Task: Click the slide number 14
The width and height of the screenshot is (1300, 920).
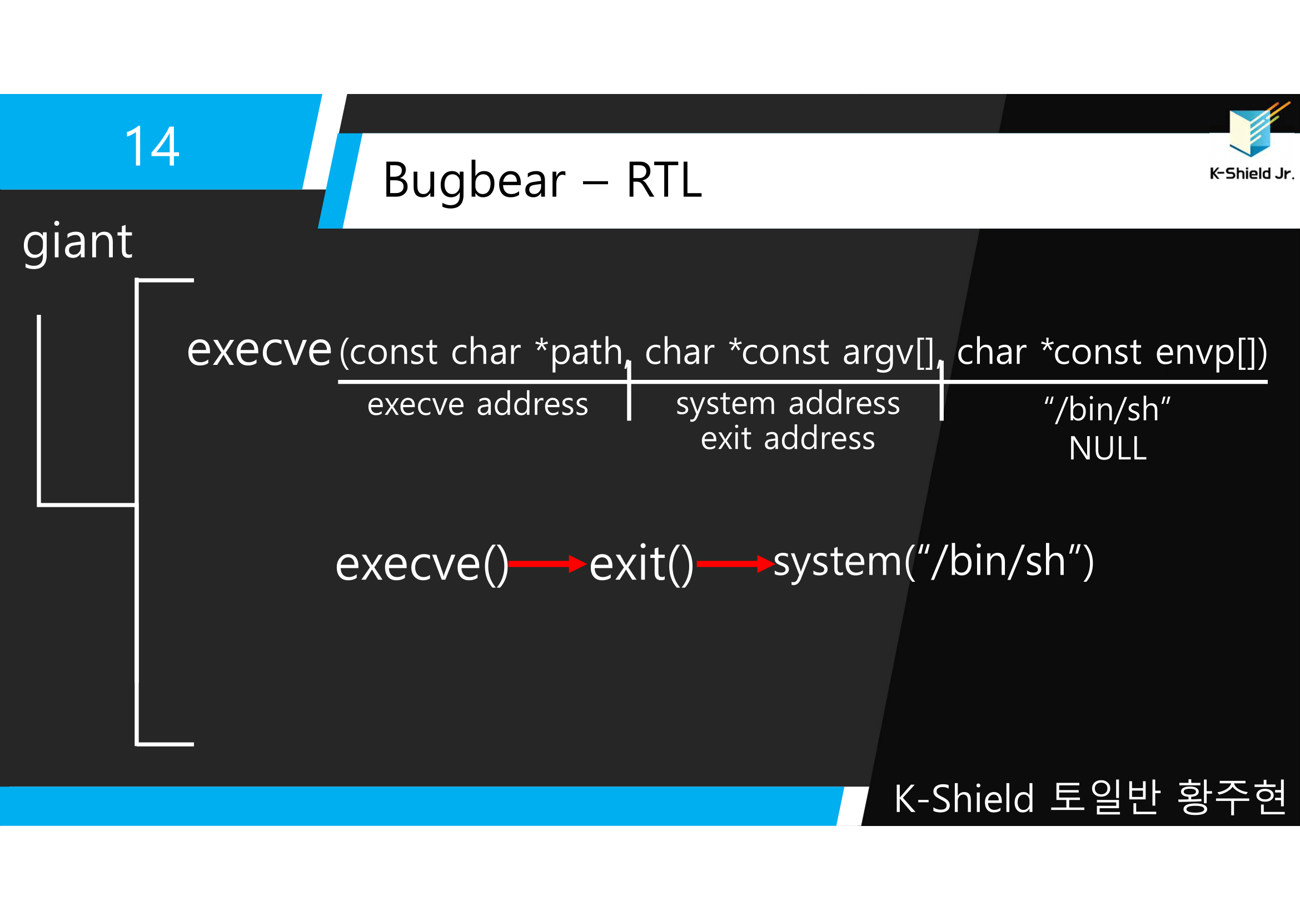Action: (x=152, y=147)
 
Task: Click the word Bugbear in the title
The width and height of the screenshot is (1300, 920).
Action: (x=474, y=181)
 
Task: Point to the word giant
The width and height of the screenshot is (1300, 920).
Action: (x=78, y=242)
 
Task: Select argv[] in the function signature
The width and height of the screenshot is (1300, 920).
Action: (x=887, y=352)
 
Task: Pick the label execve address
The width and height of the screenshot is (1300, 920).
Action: (x=478, y=405)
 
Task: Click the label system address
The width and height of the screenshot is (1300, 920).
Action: (x=788, y=404)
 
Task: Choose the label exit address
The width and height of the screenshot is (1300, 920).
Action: (x=788, y=439)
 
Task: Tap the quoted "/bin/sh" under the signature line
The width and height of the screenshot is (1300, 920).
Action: (x=1107, y=409)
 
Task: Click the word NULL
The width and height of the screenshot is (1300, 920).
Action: (x=1108, y=449)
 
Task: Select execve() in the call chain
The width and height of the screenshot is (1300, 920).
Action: (x=422, y=565)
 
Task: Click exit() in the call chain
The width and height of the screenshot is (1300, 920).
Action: (x=641, y=565)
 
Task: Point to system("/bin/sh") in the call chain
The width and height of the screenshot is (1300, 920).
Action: (x=933, y=562)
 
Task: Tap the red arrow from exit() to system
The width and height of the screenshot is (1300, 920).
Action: (x=735, y=563)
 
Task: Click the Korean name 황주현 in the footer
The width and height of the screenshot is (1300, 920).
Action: (x=1231, y=798)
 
